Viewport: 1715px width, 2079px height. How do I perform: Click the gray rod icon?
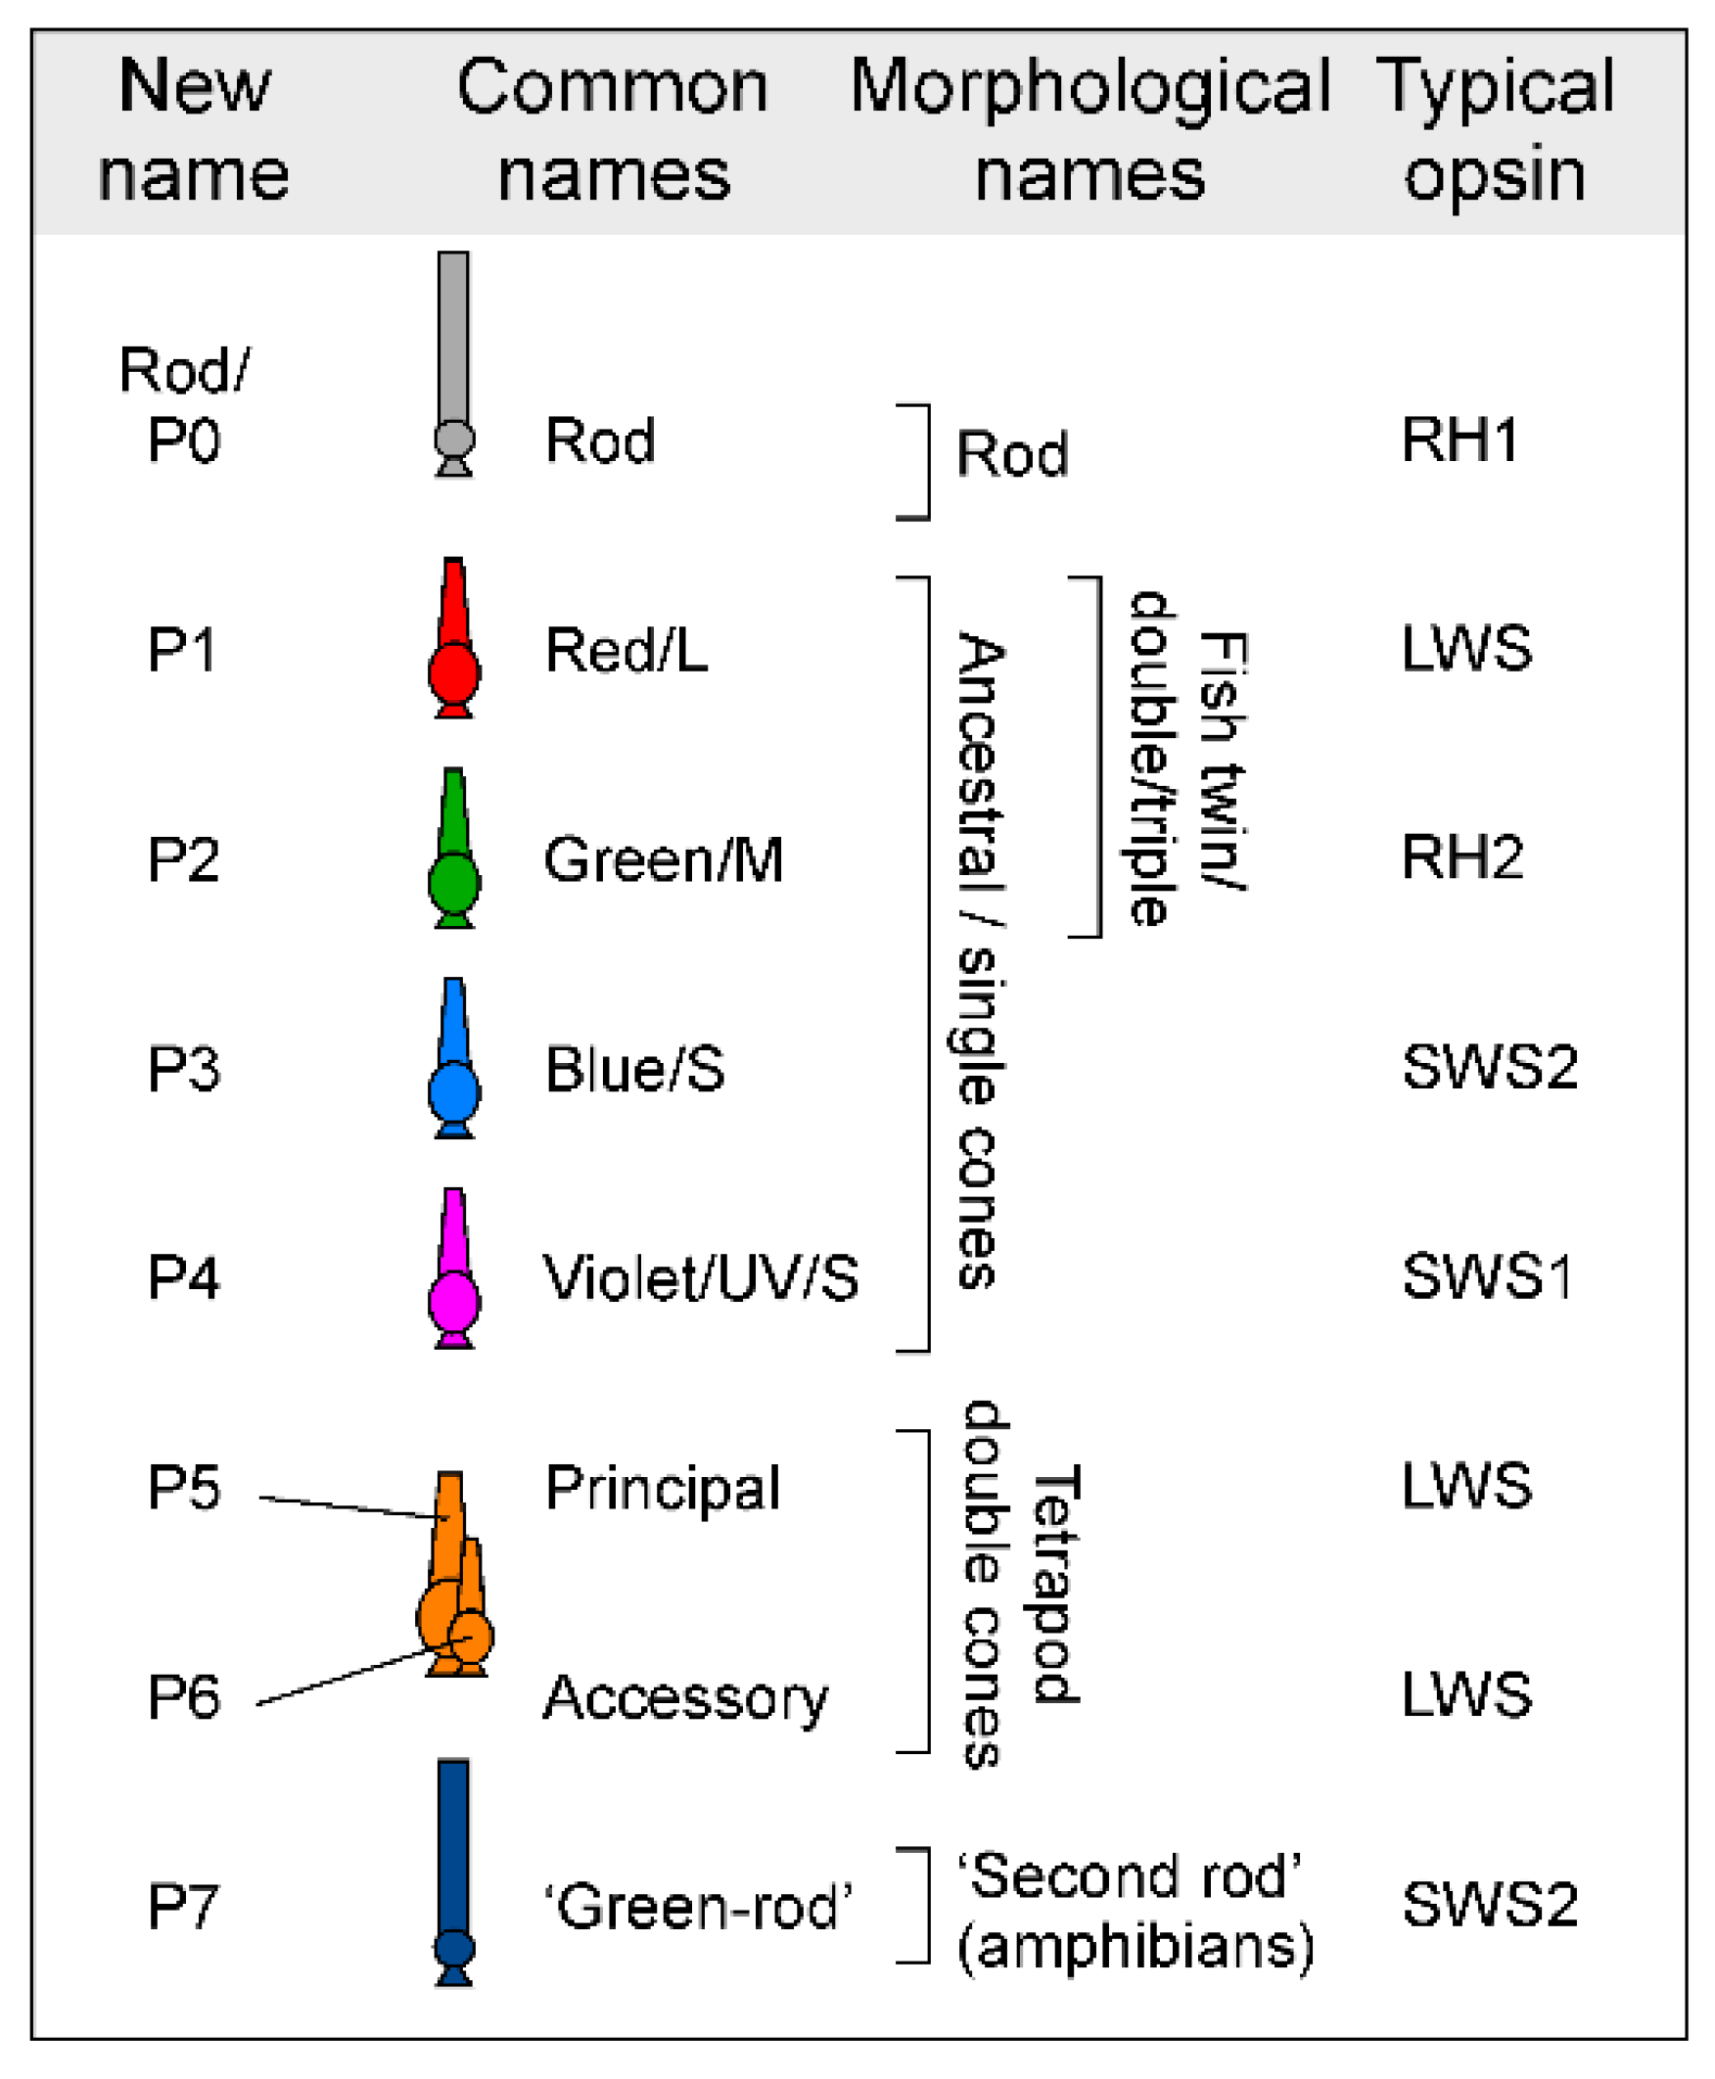tap(453, 365)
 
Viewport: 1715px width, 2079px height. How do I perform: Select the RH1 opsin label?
tap(1460, 440)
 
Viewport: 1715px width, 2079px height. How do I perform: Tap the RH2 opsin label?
tap(1462, 857)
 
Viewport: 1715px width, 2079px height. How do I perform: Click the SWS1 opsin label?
tap(1487, 1276)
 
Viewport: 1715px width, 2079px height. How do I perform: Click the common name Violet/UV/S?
tap(701, 1278)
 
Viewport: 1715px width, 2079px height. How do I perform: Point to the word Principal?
tap(663, 1489)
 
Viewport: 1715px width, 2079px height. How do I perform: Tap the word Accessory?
tap(685, 1699)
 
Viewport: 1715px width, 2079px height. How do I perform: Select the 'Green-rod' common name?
tap(698, 1906)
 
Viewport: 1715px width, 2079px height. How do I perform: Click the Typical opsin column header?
tap(1495, 130)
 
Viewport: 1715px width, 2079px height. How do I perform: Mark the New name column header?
tap(194, 130)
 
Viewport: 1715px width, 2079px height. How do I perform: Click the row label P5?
tap(183, 1488)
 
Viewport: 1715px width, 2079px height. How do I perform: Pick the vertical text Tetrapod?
tap(1055, 1586)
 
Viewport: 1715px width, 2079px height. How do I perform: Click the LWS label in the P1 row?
tap(1467, 649)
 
